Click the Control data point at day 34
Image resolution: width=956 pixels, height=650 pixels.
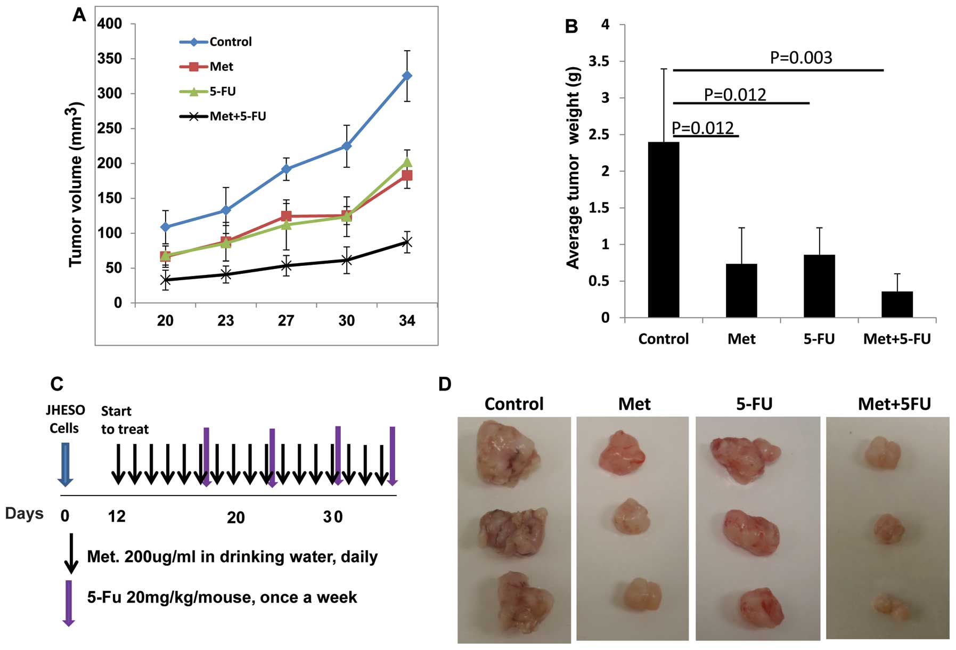tap(407, 76)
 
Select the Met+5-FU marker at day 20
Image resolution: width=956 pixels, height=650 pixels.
tap(165, 280)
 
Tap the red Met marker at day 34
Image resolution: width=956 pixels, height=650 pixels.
tap(407, 175)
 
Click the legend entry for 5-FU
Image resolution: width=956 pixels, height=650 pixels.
tap(222, 91)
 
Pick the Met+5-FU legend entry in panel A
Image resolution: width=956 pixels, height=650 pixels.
tap(237, 116)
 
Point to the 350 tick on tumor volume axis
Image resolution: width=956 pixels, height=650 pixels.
tap(109, 59)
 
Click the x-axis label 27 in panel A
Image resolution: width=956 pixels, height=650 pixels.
tap(286, 320)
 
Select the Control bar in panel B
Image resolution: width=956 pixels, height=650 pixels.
tap(663, 230)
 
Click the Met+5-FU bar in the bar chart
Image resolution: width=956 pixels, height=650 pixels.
tap(897, 304)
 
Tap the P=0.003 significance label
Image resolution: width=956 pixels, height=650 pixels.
tap(801, 58)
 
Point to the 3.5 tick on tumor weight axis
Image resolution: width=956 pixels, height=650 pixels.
tap(599, 61)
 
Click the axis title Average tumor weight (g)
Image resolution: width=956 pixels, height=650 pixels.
tap(573, 168)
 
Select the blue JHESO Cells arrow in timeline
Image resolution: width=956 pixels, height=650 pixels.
tap(65, 464)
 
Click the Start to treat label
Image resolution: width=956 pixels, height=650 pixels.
tap(125, 420)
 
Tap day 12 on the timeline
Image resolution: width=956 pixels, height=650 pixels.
tap(117, 516)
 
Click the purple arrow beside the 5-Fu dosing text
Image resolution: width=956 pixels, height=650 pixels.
tap(69, 603)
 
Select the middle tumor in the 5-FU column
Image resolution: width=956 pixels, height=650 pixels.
tap(748, 533)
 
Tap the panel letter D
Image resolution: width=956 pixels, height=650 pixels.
tap(445, 384)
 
